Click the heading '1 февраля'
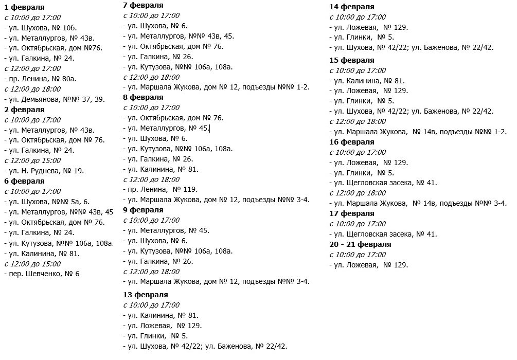24,7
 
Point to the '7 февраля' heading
143,5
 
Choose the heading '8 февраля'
143,97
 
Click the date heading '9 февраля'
143,210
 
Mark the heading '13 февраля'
146,295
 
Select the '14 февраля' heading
351,7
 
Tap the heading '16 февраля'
351,142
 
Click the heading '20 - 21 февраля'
360,244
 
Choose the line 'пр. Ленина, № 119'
163,189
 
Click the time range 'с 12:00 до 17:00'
32,68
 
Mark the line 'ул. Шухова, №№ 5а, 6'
48,202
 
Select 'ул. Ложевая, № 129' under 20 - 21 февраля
371,265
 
